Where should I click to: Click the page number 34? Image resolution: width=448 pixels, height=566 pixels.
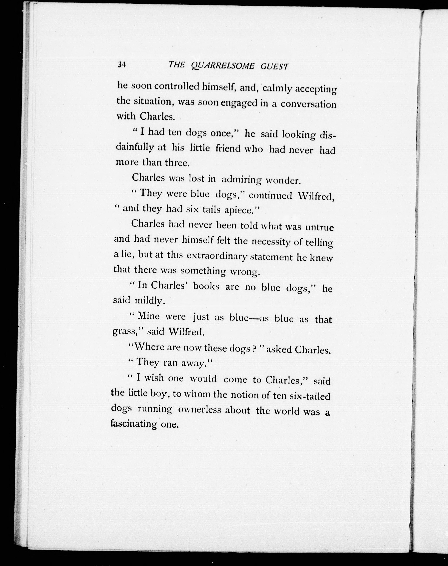click(x=122, y=65)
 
